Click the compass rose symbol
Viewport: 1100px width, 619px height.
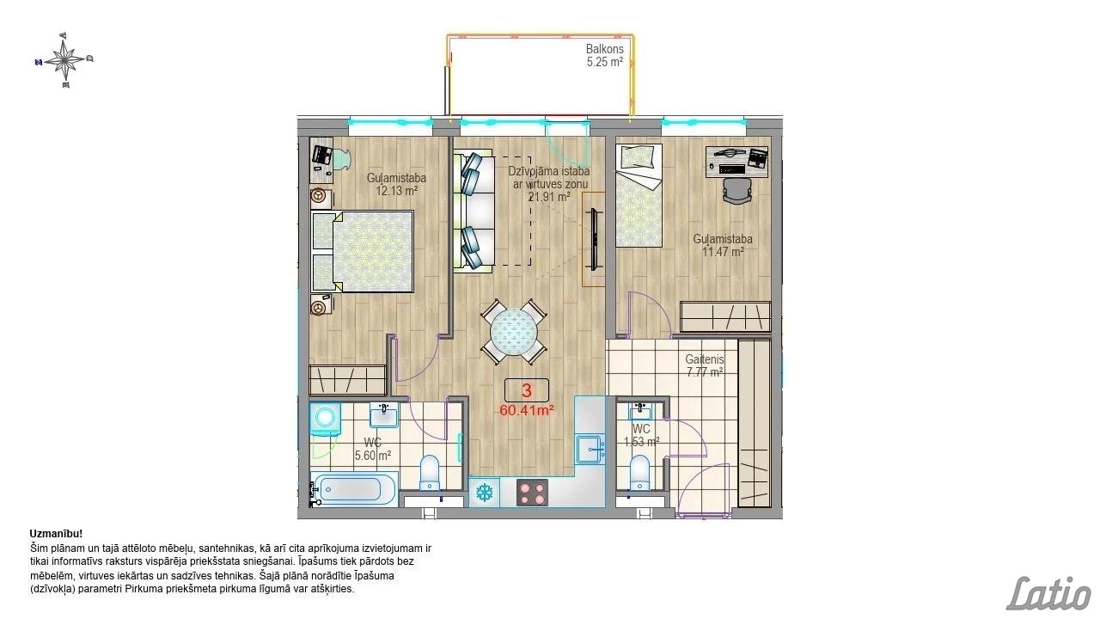point(64,60)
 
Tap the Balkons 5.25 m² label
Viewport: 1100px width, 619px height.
point(604,56)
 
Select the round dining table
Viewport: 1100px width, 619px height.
point(514,332)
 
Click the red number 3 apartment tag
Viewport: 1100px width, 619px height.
point(527,390)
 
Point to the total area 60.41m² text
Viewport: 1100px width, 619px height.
point(527,410)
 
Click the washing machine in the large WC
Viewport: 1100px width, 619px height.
point(325,419)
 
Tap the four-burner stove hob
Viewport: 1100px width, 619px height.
point(532,493)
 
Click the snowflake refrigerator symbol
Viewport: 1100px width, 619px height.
point(485,493)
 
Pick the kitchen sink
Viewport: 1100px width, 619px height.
point(590,449)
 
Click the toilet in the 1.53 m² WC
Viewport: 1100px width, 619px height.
point(639,473)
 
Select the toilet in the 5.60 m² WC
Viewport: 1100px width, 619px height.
point(430,473)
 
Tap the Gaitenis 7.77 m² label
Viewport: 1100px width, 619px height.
point(705,366)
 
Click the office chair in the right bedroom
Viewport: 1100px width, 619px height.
point(737,190)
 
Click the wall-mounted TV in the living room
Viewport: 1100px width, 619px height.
point(595,239)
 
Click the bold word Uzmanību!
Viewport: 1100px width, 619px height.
point(56,534)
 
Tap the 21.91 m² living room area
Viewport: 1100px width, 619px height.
point(549,197)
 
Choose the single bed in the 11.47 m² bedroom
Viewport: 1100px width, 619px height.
point(639,195)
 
